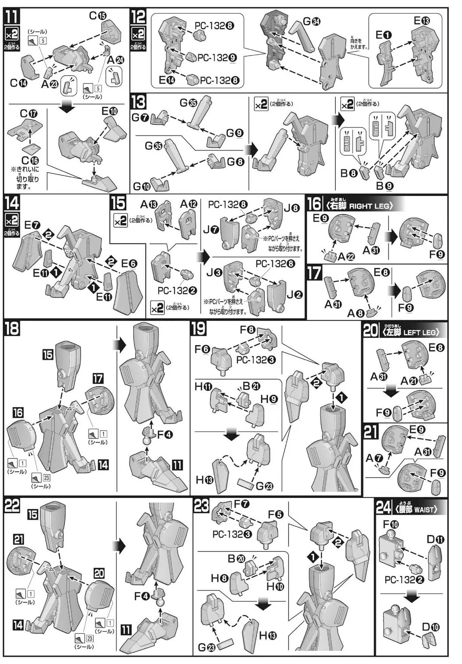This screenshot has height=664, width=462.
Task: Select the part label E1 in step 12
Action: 383,35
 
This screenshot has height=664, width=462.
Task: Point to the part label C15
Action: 98,16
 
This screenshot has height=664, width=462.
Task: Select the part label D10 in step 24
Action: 431,627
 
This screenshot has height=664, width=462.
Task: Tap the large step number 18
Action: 12,329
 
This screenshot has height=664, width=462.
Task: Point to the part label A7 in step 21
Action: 373,459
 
